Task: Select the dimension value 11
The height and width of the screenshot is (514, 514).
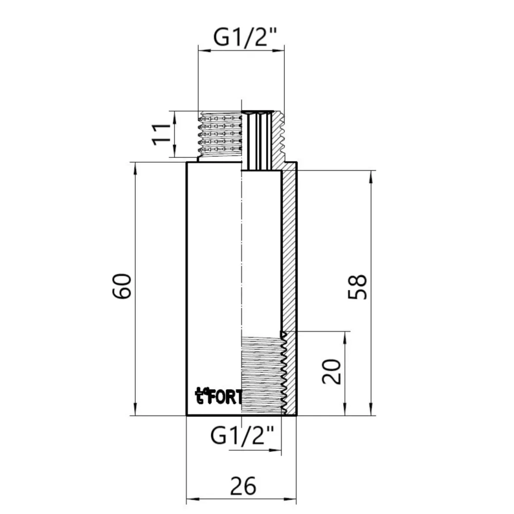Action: coord(161,134)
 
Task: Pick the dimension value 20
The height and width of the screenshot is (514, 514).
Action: coord(333,372)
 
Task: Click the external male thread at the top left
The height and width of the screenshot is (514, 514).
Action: coord(220,135)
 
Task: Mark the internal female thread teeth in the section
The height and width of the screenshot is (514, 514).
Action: coord(283,373)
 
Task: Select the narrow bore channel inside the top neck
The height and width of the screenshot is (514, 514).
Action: coord(259,141)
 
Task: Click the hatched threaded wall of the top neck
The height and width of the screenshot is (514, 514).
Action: coord(278,139)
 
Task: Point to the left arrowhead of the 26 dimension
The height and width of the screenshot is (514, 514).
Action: coord(189,499)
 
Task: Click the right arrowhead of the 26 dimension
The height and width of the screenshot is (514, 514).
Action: coord(294,499)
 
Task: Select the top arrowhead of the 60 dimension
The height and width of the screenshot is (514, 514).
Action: coord(135,166)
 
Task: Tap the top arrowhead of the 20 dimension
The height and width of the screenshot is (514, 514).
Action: coord(344,335)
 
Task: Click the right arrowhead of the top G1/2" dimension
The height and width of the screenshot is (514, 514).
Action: coord(281,50)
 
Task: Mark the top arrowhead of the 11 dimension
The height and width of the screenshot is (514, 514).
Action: coord(175,114)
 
